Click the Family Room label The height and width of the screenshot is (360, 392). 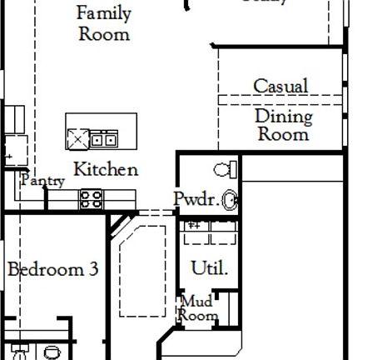coord(104,23)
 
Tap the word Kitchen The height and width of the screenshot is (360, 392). coord(106,169)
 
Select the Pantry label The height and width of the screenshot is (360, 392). coord(42,180)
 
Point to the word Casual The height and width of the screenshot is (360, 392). coord(280,86)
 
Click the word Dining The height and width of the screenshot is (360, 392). coord(283,116)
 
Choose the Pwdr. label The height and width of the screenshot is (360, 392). coord(196,198)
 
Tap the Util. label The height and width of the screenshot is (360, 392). coord(209,268)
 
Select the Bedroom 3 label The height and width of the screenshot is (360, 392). coord(53,269)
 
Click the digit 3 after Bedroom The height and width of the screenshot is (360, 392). coord(93,269)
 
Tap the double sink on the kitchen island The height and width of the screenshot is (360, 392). coord(103,137)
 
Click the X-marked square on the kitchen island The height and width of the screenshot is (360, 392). coord(78,137)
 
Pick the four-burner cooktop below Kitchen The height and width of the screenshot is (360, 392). coord(91,199)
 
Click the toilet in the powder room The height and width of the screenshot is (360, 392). coord(224,170)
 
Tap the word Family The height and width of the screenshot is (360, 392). coord(104,13)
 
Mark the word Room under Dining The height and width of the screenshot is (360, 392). coord(283,133)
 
